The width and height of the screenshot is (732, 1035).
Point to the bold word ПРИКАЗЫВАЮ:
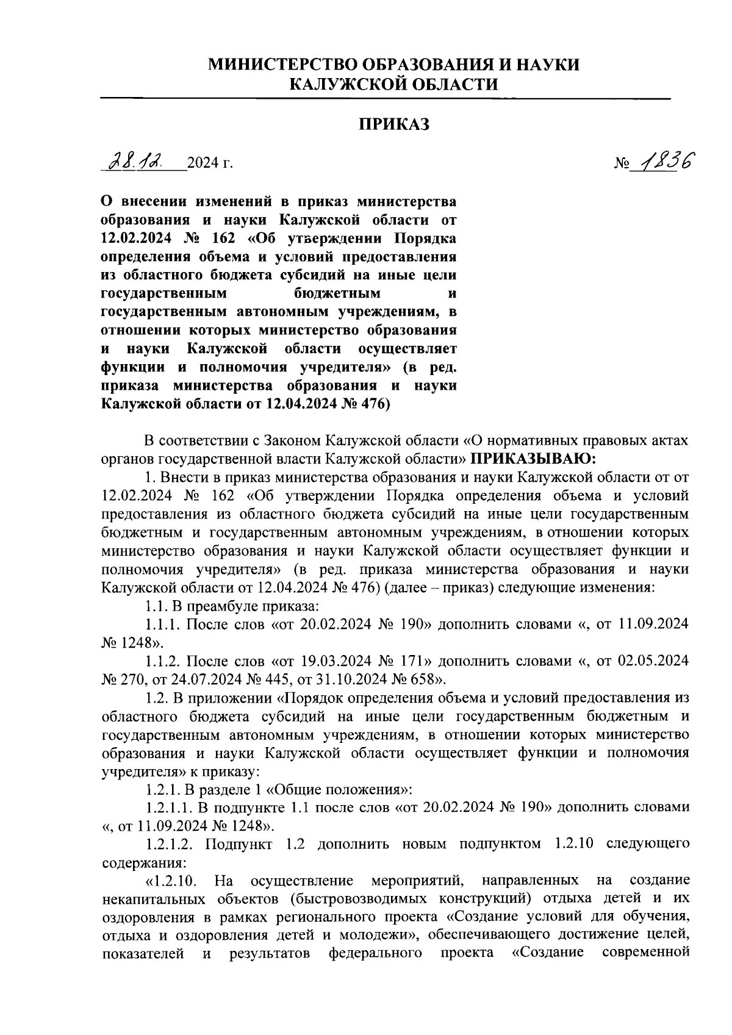(531, 457)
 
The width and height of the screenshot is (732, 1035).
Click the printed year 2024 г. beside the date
(210, 163)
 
